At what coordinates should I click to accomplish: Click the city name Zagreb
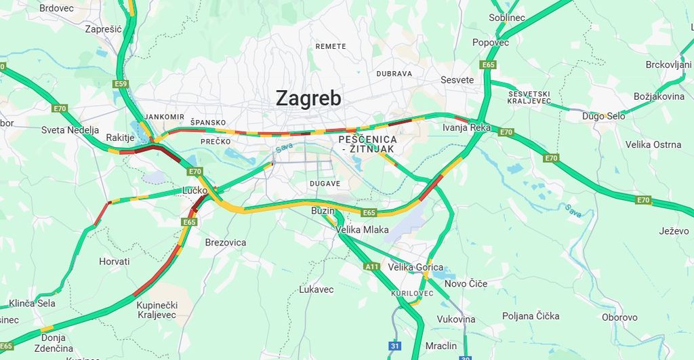coord(308,98)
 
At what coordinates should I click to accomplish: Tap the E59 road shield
coord(121,84)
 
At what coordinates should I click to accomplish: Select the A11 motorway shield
coord(372,267)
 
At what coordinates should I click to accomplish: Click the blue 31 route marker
coord(394,346)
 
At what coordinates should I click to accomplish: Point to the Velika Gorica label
coord(415,267)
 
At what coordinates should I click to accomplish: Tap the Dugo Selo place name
coord(603,116)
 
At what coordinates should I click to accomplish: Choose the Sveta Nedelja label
coord(70,130)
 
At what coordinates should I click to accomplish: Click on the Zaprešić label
coord(103,29)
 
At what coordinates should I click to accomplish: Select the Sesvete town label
coord(457,80)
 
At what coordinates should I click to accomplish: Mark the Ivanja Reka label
coord(466,127)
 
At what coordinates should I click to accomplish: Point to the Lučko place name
coord(195,191)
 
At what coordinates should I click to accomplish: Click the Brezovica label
coord(226,242)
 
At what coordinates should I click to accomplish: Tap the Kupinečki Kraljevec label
coord(156,310)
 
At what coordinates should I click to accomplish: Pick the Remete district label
coord(331,46)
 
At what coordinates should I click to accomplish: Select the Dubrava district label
coord(394,73)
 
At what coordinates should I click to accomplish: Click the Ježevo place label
coord(674,231)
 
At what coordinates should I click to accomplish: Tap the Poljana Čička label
coord(531,316)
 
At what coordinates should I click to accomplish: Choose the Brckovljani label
coord(668,64)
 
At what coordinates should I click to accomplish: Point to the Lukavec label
coord(316,289)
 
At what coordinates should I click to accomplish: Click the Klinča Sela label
coord(33,303)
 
